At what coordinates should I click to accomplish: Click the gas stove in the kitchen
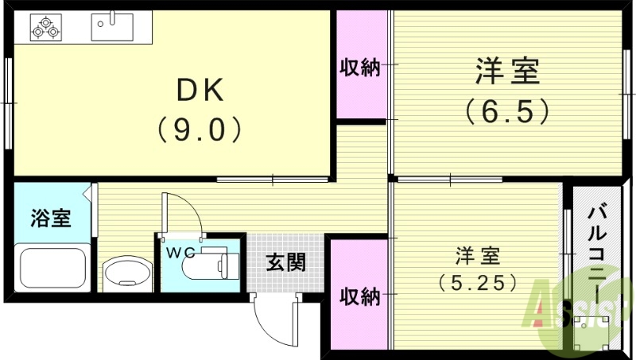45,27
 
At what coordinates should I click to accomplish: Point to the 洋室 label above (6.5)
507,72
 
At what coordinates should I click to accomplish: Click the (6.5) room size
507,110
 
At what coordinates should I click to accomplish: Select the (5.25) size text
478,281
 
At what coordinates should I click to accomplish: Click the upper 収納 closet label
360,68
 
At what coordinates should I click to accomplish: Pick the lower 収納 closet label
359,296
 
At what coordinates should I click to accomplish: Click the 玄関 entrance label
285,261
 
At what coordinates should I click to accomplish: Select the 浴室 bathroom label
51,218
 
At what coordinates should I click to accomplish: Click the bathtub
52,268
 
